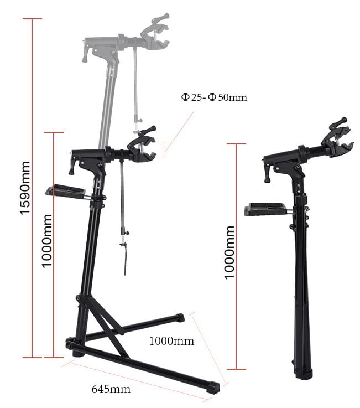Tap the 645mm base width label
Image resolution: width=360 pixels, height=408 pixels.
point(111,389)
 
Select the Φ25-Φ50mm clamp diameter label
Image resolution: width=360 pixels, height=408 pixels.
point(213,97)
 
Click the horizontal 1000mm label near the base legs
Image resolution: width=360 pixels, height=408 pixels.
point(171,341)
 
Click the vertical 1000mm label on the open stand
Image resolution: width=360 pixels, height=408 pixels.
point(47,241)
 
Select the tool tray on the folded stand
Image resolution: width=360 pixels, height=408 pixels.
point(266,209)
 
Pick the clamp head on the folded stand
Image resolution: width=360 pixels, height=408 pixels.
point(337,139)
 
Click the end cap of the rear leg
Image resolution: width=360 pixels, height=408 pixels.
point(180,318)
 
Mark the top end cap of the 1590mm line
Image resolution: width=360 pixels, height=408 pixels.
point(33,19)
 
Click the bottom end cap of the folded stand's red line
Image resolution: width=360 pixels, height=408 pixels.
point(236,369)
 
